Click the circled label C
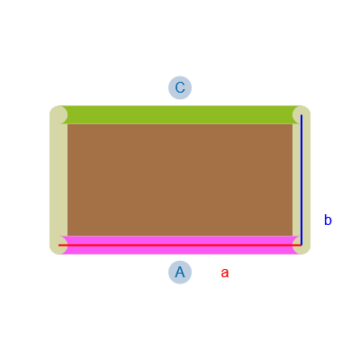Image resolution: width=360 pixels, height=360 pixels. click(x=180, y=87)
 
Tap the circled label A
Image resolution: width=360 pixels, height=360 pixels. click(x=180, y=272)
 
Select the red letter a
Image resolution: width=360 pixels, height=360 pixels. click(x=225, y=274)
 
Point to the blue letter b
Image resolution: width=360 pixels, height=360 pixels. click(x=328, y=220)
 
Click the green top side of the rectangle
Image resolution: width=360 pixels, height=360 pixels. click(x=180, y=114)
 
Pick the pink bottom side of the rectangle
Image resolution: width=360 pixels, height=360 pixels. click(x=180, y=245)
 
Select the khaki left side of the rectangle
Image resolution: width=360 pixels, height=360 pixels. click(x=58, y=180)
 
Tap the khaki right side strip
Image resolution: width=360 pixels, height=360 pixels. click(x=301, y=180)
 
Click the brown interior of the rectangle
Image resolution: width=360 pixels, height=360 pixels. click(x=180, y=180)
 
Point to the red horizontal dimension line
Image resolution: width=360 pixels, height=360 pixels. click(x=180, y=245)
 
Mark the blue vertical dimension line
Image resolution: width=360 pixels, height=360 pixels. click(x=301, y=180)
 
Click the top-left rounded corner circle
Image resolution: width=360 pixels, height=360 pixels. click(x=58, y=114)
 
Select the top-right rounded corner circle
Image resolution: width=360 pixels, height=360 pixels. click(x=301, y=114)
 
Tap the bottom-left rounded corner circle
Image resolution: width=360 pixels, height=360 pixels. click(x=58, y=246)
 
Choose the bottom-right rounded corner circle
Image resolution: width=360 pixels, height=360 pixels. click(x=301, y=246)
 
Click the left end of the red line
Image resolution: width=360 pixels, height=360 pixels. click(x=58, y=245)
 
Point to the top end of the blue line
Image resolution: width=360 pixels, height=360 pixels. click(x=301, y=114)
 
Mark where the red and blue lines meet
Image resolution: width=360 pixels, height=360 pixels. click(x=301, y=245)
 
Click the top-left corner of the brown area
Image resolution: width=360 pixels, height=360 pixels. click(x=67, y=123)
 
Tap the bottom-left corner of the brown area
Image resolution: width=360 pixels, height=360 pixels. click(x=67, y=237)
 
